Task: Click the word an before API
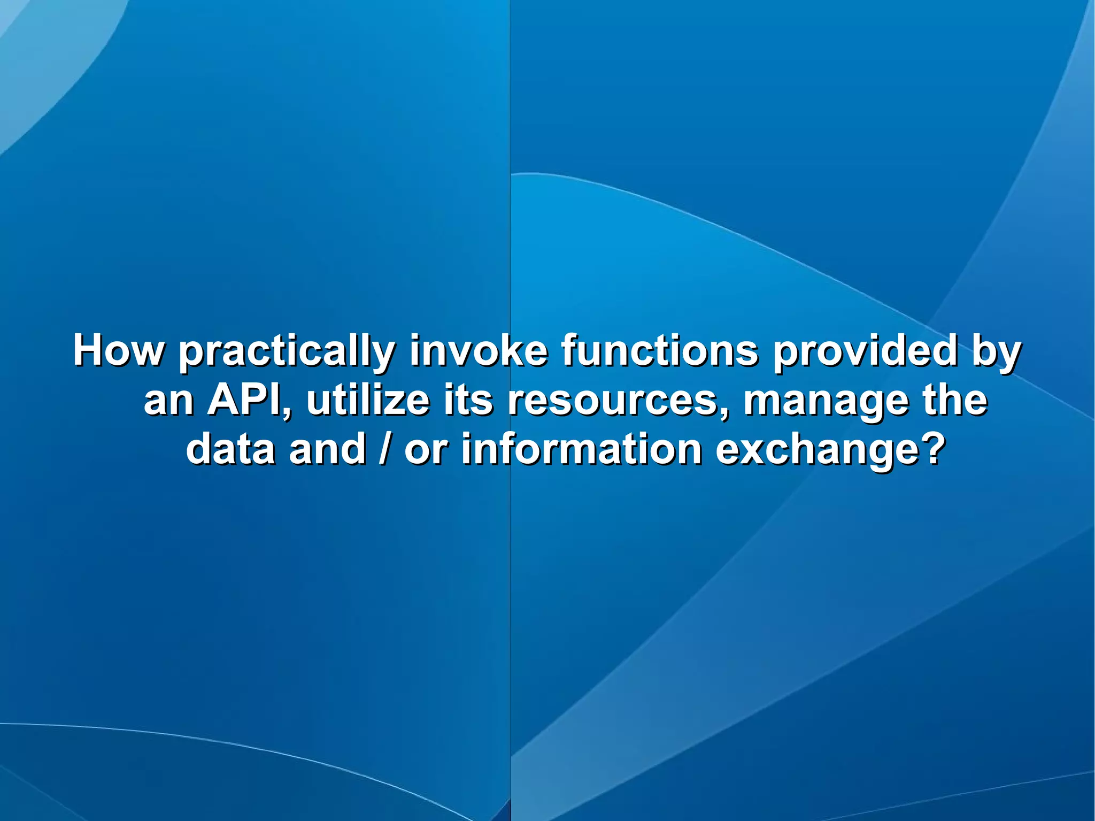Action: point(169,401)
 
